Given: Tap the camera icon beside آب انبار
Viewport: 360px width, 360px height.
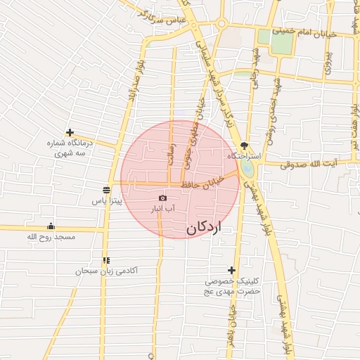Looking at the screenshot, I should point(163,199).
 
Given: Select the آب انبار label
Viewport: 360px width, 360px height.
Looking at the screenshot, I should point(163,210).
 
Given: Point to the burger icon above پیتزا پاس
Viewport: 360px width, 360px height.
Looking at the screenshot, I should point(106,190).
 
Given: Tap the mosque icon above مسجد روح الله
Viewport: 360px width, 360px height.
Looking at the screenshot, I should point(51,226).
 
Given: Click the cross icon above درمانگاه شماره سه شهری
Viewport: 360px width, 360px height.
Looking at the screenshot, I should point(70,132).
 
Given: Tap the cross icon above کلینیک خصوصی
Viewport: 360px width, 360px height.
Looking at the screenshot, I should point(231,270).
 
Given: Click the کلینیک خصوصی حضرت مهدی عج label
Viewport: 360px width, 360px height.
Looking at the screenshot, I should point(233,285).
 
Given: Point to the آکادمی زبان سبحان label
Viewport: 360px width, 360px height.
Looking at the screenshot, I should point(108,271).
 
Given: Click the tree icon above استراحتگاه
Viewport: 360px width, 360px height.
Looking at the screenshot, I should point(244,144).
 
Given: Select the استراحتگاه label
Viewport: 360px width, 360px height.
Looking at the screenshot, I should point(244,155).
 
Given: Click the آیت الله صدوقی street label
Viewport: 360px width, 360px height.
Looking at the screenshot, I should point(309,164).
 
